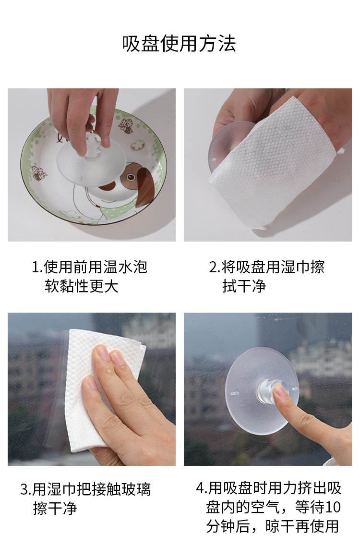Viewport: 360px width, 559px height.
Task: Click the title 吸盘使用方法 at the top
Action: click(180, 43)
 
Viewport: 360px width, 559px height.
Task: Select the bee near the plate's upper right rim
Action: click(126, 126)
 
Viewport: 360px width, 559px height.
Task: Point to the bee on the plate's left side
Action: click(38, 173)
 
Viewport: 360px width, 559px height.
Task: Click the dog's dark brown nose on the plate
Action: click(108, 185)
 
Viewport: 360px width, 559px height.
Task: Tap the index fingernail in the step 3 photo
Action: click(102, 354)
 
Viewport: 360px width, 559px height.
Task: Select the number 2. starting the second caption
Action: click(215, 267)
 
